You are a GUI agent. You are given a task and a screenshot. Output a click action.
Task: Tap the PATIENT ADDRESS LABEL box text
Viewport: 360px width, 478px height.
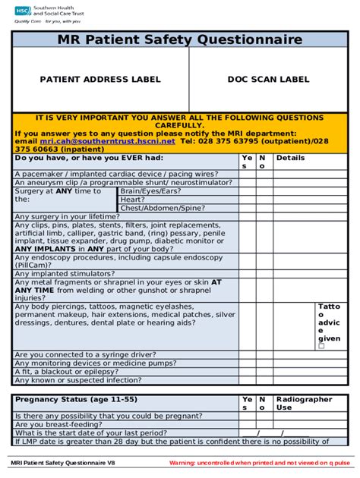99,79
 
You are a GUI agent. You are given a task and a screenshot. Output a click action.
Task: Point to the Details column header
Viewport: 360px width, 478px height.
290,158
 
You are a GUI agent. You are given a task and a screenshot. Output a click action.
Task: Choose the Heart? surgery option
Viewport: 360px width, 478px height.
133,200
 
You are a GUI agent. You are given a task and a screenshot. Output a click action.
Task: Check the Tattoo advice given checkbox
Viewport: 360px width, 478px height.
321,346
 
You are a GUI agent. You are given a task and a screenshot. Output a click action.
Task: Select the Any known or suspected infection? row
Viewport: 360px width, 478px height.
77,380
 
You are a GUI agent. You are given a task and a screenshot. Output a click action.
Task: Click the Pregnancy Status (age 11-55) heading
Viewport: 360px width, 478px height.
76,398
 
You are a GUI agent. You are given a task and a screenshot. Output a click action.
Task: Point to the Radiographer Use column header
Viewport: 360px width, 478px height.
304,403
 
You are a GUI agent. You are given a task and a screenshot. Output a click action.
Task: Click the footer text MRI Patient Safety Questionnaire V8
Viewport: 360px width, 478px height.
63,462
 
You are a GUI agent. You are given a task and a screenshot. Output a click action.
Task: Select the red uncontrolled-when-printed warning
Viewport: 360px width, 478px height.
259,462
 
